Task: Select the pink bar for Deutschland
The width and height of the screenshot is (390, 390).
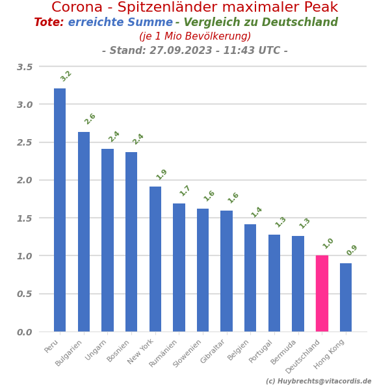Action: tap(322, 293)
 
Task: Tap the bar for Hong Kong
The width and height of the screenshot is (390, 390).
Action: tap(346, 297)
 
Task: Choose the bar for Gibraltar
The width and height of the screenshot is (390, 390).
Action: tap(226, 271)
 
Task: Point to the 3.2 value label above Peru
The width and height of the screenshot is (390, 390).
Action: tap(66, 76)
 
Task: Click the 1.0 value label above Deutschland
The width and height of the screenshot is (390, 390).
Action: tap(328, 243)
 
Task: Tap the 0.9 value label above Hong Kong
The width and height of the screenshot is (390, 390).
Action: tap(352, 250)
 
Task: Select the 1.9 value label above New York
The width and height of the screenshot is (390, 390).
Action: tap(162, 174)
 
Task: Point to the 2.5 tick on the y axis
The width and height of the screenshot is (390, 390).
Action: tap(25, 142)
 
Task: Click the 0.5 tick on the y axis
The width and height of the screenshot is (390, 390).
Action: tap(25, 294)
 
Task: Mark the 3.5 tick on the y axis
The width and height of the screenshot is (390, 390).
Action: tap(25, 67)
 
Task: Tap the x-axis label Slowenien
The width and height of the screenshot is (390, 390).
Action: tap(187, 354)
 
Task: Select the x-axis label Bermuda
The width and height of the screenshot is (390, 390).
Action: tap(283, 352)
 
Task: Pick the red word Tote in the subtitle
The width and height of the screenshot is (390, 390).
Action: tap(49, 23)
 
